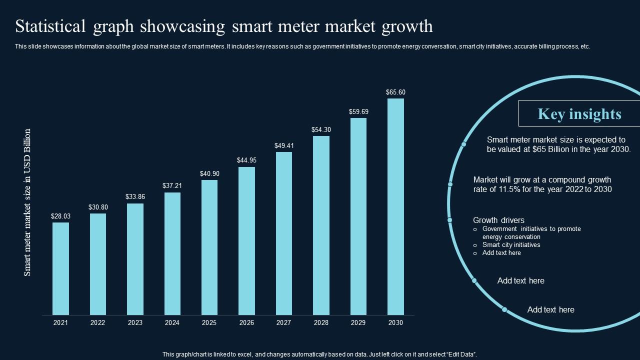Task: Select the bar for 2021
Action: tap(60, 268)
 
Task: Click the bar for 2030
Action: tap(395, 206)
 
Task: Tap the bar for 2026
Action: tap(246, 240)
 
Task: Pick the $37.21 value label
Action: tap(172, 185)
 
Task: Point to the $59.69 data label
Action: tap(358, 111)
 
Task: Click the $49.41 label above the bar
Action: tap(284, 145)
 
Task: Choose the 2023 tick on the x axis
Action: tap(135, 323)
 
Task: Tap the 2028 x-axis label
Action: tap(321, 323)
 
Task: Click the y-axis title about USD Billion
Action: tap(27, 202)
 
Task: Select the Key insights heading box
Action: tap(579, 113)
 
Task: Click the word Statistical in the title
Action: tap(50, 26)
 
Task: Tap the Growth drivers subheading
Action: tap(498, 220)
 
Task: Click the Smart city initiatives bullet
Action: tap(511, 245)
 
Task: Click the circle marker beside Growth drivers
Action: tap(449, 220)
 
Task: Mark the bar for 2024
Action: tap(172, 253)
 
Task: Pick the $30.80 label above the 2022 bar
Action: tap(98, 207)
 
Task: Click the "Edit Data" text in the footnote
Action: tap(459, 354)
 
